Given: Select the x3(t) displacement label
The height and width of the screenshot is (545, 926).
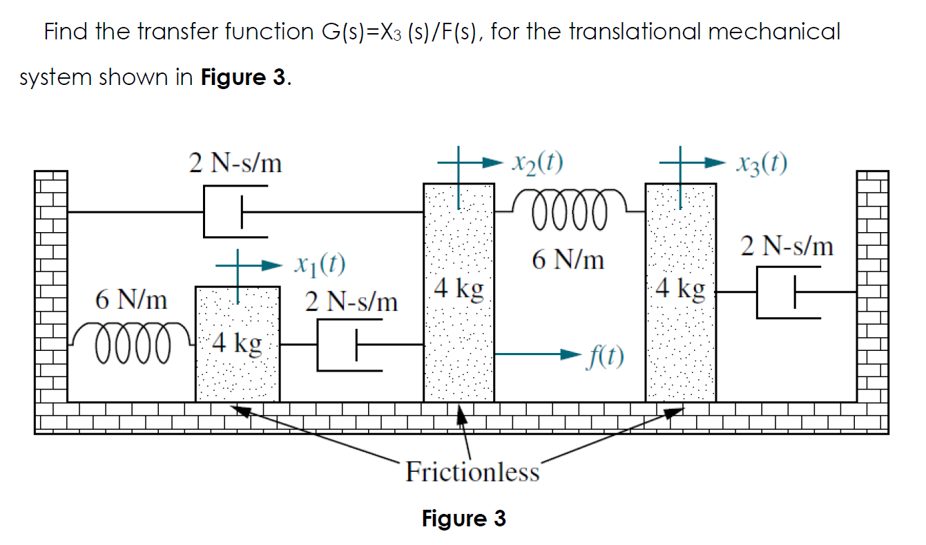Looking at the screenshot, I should point(762,163).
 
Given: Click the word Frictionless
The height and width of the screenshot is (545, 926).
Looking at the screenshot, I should point(472,472).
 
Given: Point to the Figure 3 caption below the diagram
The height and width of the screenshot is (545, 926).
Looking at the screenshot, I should point(463,518).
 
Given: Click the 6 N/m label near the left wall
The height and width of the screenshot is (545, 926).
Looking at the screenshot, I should point(131,300).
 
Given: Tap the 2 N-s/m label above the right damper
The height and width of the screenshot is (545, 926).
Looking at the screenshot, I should point(787,246).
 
